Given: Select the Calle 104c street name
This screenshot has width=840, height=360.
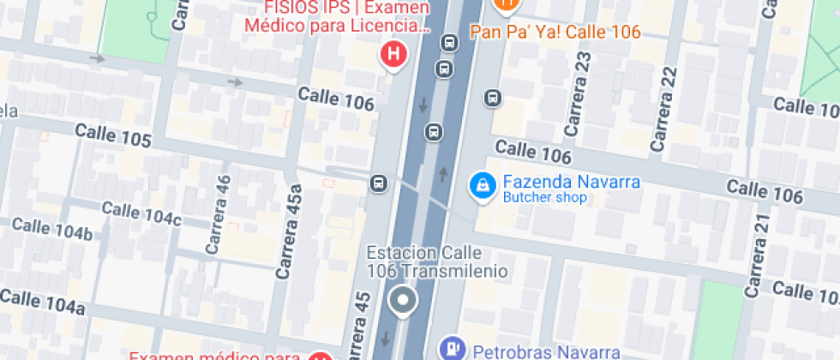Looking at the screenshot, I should tap(141, 213).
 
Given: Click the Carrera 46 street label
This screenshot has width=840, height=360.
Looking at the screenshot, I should tap(219, 214).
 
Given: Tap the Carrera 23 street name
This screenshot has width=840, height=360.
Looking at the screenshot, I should tap(579, 94).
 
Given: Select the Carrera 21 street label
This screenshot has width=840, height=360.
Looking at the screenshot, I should tap(758, 255).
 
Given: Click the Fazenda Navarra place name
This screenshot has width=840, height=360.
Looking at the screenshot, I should tap(559, 183).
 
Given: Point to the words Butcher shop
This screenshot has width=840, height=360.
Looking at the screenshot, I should tap(544, 198).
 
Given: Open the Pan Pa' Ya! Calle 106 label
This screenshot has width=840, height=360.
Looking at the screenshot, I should tap(555, 33).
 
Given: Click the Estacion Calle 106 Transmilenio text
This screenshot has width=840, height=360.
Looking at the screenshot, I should tap(436, 262).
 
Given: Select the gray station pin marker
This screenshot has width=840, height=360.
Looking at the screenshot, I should tap(401, 302).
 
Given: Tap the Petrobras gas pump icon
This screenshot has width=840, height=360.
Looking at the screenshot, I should tap(449, 350).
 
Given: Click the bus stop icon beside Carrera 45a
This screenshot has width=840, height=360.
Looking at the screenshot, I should tap(377, 183).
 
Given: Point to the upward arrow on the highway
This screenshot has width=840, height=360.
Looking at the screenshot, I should tap(443, 175).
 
